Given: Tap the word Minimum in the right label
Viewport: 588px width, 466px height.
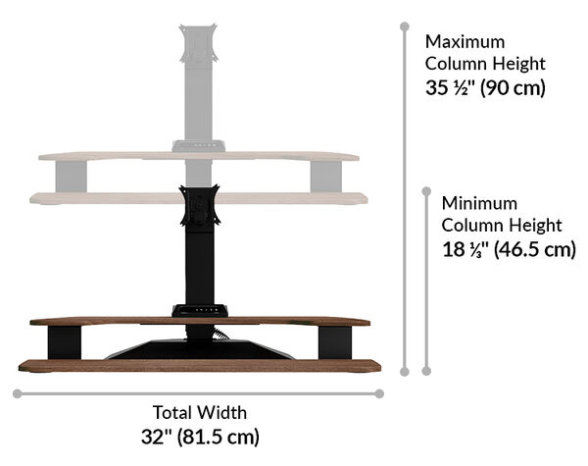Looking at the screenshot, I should pyautogui.click(x=477, y=203).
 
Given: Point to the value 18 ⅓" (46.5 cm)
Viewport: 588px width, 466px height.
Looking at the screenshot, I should pyautogui.click(x=508, y=248).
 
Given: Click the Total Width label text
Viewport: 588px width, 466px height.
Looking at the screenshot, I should pyautogui.click(x=200, y=412).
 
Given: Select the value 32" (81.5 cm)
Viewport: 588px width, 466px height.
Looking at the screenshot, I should pyautogui.click(x=200, y=436).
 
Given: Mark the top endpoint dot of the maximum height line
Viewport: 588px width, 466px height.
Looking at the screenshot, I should pyautogui.click(x=404, y=28).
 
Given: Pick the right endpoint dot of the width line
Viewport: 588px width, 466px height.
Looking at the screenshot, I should pyautogui.click(x=380, y=393).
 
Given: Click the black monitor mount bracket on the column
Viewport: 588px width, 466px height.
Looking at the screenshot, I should pyautogui.click(x=199, y=210).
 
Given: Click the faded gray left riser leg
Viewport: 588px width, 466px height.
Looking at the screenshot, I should pyautogui.click(x=73, y=177).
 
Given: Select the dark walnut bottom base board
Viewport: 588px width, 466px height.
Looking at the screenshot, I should pyautogui.click(x=200, y=366).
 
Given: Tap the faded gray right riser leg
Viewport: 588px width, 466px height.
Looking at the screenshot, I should pyautogui.click(x=326, y=177).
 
